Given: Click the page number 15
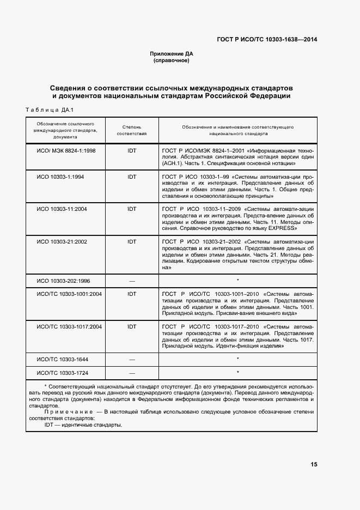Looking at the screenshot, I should click(314, 464).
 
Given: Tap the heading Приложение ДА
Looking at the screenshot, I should click(172, 53).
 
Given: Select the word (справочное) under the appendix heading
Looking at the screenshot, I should click(172, 60).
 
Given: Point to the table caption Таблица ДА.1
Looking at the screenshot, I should click(50, 110).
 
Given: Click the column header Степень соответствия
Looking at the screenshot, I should click(132, 129).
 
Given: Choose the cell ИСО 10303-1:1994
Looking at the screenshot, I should click(60, 177).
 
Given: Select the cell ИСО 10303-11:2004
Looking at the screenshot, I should click(62, 209).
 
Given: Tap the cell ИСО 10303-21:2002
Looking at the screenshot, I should click(62, 241).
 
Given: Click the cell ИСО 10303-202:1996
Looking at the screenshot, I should click(64, 281).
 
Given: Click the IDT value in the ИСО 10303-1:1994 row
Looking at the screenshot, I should click(132, 177).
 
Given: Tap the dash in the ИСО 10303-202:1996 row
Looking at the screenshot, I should click(132, 281).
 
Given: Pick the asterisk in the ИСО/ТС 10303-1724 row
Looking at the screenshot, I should click(237, 373).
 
